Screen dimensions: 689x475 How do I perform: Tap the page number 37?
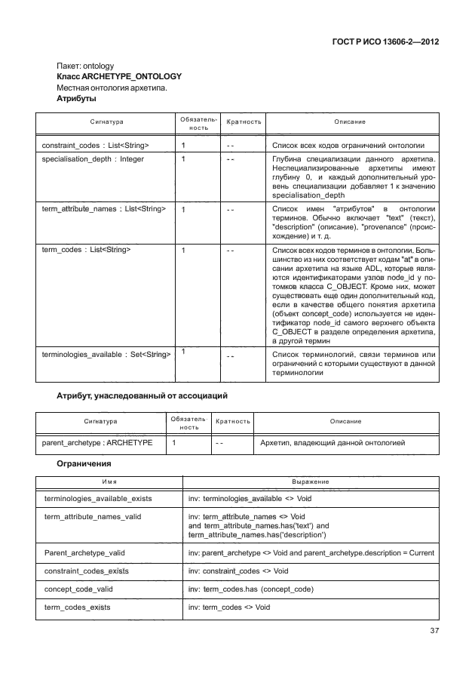(434, 631)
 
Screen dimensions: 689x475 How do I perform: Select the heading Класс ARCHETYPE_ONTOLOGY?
(119, 76)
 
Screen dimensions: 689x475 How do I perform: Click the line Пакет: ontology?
(85, 66)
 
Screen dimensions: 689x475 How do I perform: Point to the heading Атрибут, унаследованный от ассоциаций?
(142, 395)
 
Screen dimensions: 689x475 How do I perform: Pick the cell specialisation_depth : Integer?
(93, 160)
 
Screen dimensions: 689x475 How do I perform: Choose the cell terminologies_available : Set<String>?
(106, 353)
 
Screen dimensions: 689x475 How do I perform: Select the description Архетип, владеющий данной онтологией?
(332, 443)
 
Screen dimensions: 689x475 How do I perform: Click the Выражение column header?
(310, 481)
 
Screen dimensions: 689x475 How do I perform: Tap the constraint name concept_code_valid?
(79, 589)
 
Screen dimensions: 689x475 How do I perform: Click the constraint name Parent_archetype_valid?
(84, 552)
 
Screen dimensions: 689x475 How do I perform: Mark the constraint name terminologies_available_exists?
(99, 499)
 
